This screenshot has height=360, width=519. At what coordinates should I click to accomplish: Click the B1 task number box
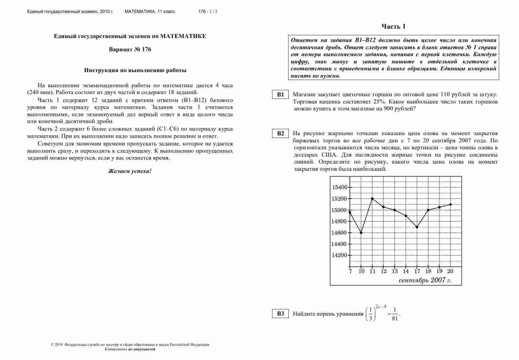click(x=281, y=94)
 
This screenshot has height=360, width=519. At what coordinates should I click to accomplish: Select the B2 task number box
click(x=281, y=133)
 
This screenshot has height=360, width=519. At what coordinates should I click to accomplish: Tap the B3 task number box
click(x=281, y=314)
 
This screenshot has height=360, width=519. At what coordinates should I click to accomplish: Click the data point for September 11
click(x=372, y=199)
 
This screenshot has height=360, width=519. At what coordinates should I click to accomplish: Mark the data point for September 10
click(x=361, y=233)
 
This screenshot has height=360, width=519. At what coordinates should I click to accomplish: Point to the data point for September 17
click(x=417, y=227)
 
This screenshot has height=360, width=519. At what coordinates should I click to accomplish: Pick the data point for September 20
click(x=451, y=204)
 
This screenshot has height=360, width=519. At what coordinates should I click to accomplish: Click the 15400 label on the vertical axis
click(x=340, y=187)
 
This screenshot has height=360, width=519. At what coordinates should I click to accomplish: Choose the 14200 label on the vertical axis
click(x=340, y=255)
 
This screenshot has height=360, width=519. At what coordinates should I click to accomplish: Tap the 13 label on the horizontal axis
click(x=395, y=271)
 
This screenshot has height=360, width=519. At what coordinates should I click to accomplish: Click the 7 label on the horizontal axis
click(x=350, y=271)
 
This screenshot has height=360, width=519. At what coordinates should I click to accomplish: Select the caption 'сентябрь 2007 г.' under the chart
click(x=425, y=280)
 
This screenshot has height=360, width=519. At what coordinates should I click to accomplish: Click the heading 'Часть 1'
click(x=393, y=27)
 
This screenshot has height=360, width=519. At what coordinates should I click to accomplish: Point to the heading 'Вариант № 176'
click(x=130, y=49)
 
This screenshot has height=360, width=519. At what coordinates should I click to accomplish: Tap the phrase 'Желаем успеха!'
click(x=130, y=171)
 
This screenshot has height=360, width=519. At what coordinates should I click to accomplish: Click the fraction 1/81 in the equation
click(x=395, y=314)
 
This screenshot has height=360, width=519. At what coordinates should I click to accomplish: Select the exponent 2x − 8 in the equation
click(x=381, y=307)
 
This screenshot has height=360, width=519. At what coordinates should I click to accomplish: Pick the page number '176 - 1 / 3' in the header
click(x=208, y=11)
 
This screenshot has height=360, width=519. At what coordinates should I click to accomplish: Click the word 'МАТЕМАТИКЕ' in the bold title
click(x=183, y=36)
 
